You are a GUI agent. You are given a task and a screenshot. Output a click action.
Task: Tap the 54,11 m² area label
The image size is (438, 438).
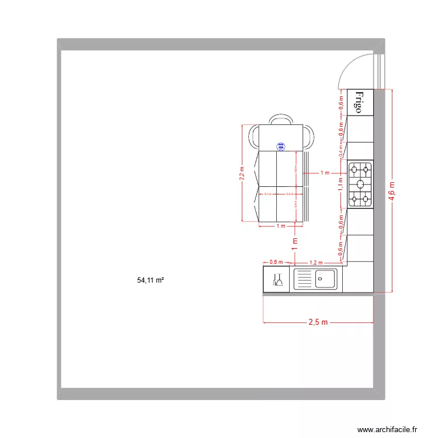click(150, 280)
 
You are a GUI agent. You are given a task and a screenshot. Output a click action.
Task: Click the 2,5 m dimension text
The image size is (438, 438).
click(318, 322)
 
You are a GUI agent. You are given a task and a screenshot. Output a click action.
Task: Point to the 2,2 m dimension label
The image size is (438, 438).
click(242, 173)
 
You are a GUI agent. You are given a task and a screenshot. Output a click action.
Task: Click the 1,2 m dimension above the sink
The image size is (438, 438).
click(316, 263)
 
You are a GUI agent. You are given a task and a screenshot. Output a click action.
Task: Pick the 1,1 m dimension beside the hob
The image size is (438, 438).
click(340, 185)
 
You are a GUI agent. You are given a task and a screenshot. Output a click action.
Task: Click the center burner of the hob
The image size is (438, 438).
click(360, 185)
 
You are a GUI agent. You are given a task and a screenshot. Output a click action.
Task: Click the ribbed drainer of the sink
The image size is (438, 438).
click(304, 279)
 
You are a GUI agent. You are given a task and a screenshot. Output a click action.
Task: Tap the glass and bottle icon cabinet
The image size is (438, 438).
click(277, 280)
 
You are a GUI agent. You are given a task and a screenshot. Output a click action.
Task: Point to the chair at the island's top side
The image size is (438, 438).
click(280, 119)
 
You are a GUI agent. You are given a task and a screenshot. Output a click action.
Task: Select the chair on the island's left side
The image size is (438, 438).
click(255, 137)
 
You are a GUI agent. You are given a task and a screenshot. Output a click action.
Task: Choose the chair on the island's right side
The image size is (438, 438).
click(307, 137)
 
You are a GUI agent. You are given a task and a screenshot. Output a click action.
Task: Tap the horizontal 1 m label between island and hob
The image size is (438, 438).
click(325, 173)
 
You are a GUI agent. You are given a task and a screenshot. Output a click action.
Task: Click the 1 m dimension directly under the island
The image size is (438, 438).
click(280, 226)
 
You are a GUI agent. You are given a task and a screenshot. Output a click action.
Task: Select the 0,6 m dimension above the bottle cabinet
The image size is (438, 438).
click(276, 263)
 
